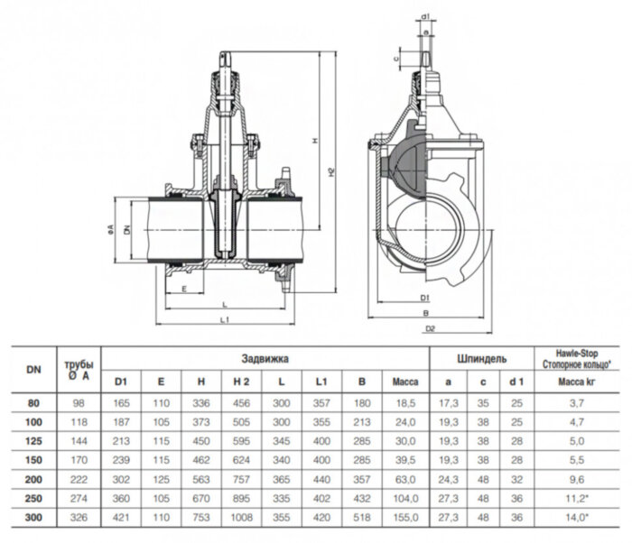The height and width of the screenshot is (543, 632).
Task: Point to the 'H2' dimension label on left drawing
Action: tap(330, 171)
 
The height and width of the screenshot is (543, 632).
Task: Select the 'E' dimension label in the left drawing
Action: tap(183, 289)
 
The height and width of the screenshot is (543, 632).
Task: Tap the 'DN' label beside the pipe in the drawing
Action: tap(125, 231)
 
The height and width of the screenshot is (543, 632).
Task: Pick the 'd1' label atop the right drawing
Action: tap(424, 16)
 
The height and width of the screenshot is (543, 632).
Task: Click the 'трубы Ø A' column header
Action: tap(79, 371)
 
